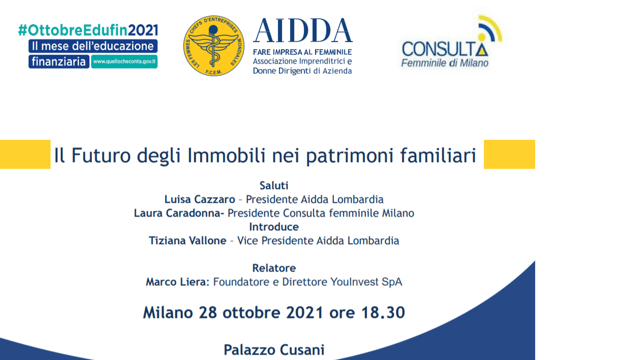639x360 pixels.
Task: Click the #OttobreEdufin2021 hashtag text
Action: [x=88, y=30]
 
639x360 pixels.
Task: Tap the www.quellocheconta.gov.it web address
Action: [x=124, y=62]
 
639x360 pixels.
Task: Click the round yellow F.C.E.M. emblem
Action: [x=214, y=46]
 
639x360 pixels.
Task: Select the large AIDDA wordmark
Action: [x=303, y=31]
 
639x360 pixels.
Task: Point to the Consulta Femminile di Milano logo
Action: [x=451, y=42]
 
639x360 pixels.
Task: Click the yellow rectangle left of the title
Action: [x=25, y=154]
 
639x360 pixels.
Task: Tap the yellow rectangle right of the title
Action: [x=509, y=154]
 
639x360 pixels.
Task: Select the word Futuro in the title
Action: [x=101, y=155]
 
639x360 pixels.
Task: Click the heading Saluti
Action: [x=274, y=185]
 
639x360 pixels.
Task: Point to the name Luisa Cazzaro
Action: [x=200, y=199]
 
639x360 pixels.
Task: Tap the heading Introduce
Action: [x=274, y=227]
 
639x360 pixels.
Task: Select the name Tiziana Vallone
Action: [x=187, y=240]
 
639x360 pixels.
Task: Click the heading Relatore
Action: [x=274, y=268]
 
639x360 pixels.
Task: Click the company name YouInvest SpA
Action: [x=366, y=282]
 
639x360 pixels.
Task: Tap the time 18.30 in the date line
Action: [x=383, y=313]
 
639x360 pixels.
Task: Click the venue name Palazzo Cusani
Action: [x=274, y=350]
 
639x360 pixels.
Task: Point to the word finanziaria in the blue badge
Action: [x=59, y=62]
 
